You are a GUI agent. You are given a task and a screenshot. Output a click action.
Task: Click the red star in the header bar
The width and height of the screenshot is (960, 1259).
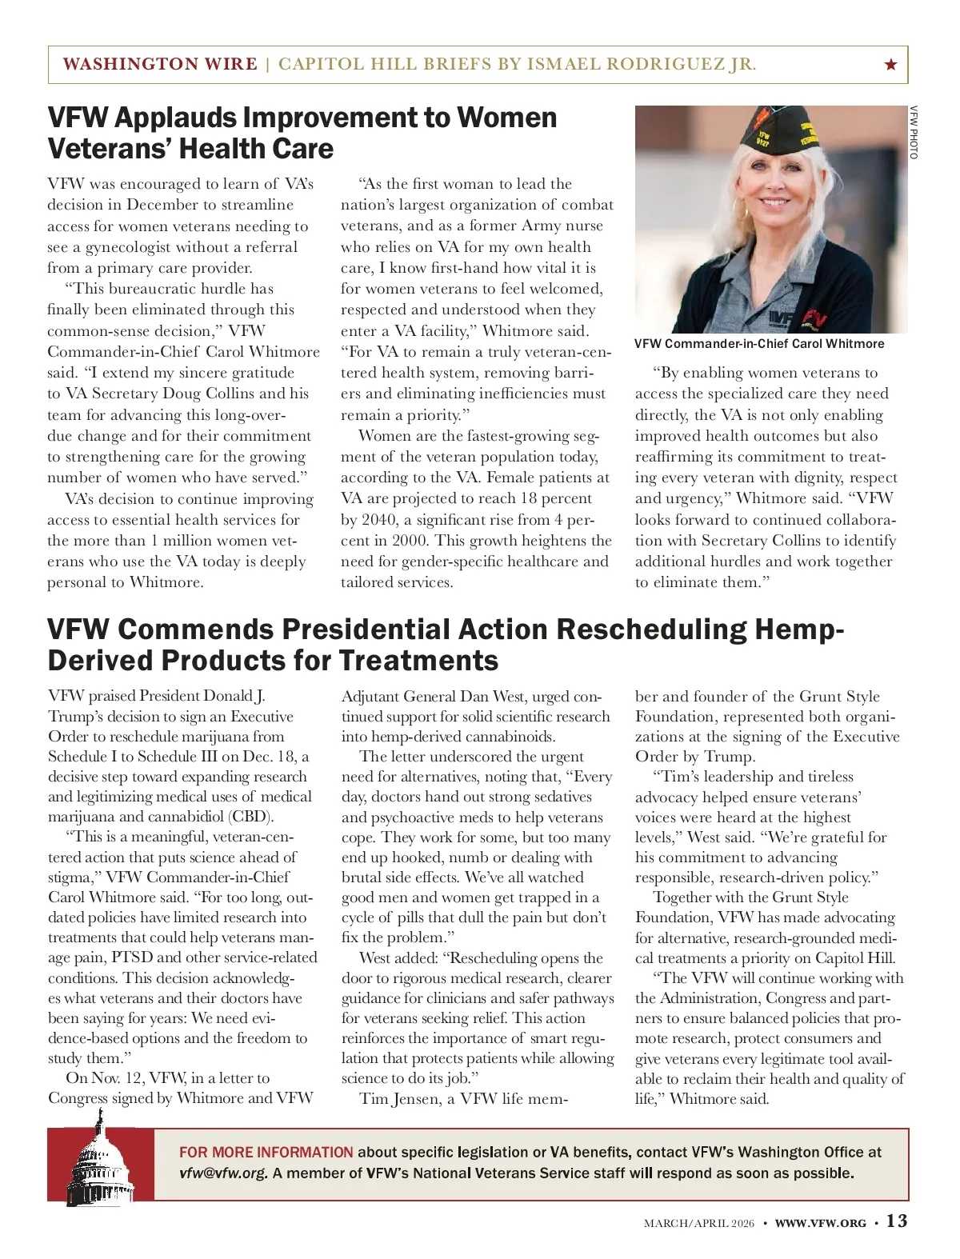891,65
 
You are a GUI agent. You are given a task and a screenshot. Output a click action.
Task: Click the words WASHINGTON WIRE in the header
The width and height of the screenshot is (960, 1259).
160,65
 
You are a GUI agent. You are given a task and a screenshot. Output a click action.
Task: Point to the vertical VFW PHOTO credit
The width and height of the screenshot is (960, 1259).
913,132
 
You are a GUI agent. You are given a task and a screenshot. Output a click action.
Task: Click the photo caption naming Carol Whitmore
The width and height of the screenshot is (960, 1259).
759,344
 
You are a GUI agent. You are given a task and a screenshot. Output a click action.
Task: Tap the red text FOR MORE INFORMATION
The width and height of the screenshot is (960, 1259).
266,1153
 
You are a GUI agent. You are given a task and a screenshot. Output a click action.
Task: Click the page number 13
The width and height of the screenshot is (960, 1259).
897,1221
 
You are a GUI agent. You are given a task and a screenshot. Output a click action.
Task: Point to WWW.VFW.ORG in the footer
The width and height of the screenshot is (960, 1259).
820,1223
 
